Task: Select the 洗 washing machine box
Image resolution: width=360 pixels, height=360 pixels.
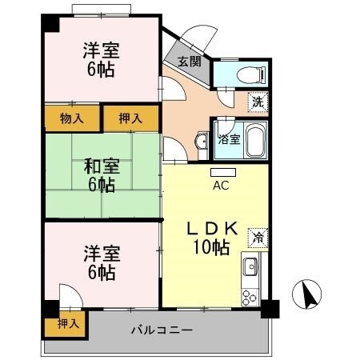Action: coord(257,102)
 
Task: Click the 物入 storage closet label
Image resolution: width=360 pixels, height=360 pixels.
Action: coord(71,118)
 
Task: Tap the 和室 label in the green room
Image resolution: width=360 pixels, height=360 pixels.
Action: coord(102,167)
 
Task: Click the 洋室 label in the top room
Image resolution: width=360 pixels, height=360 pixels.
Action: coord(102,50)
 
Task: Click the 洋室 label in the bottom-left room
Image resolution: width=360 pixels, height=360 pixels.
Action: coord(102,255)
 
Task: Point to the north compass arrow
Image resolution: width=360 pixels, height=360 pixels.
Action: coord(307,296)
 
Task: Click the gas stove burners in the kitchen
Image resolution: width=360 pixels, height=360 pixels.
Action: coord(250,294)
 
